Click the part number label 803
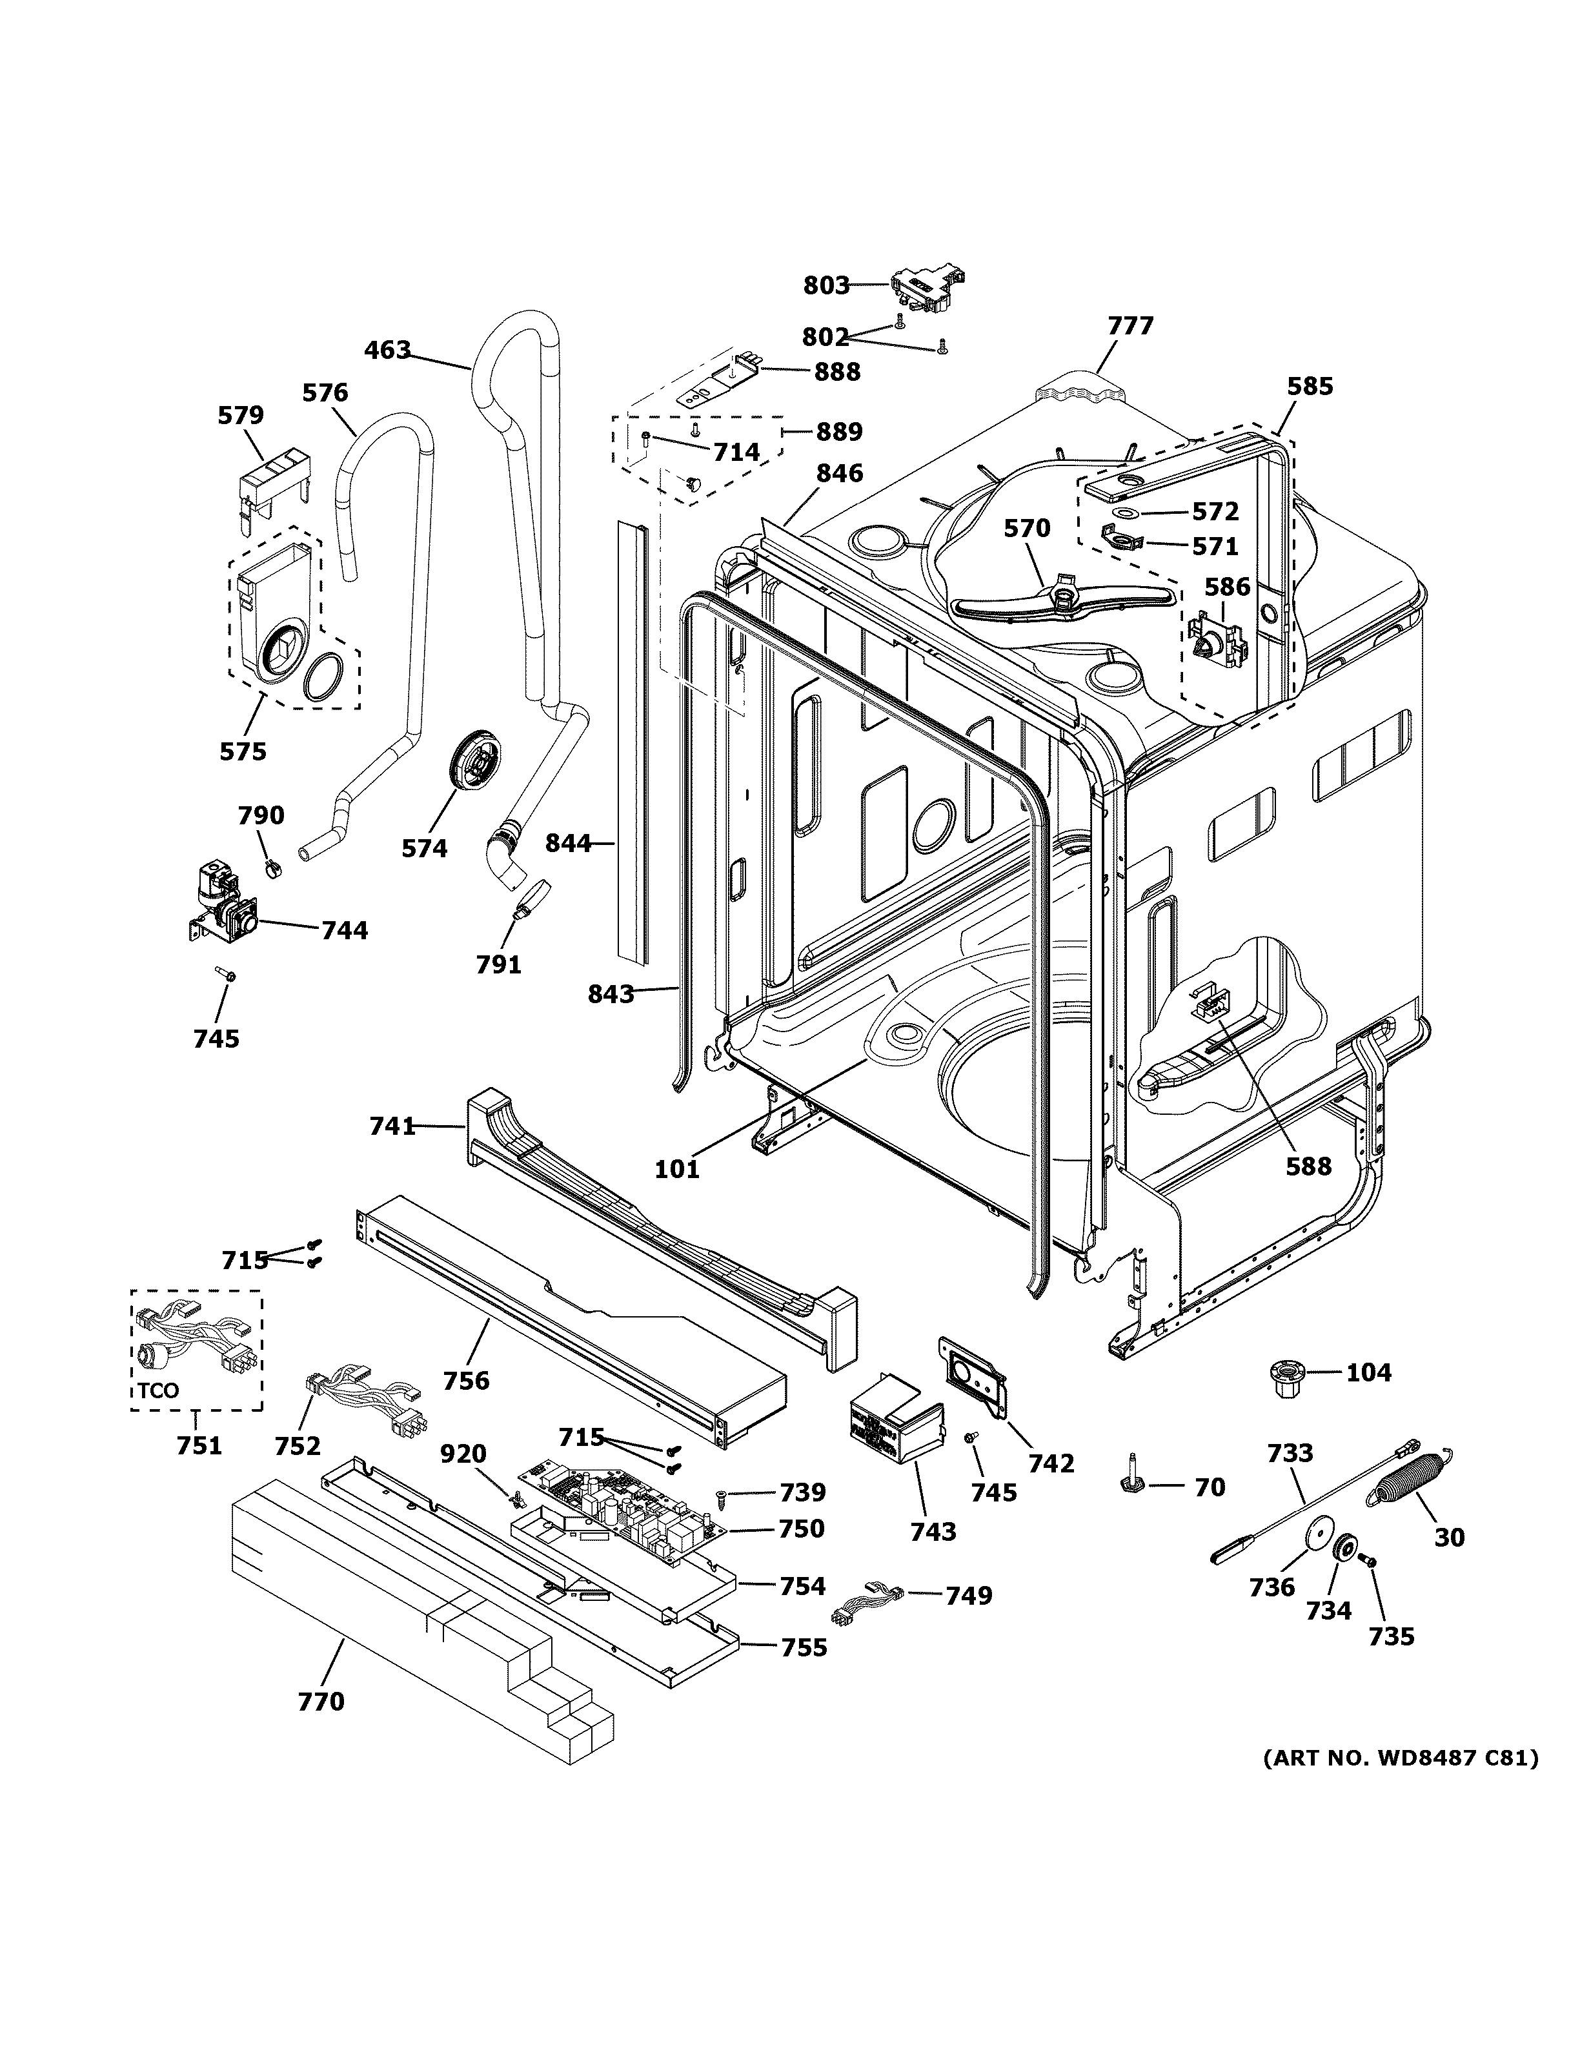pos(825,285)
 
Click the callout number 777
pos(1129,326)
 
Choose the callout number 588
pos(1308,1166)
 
